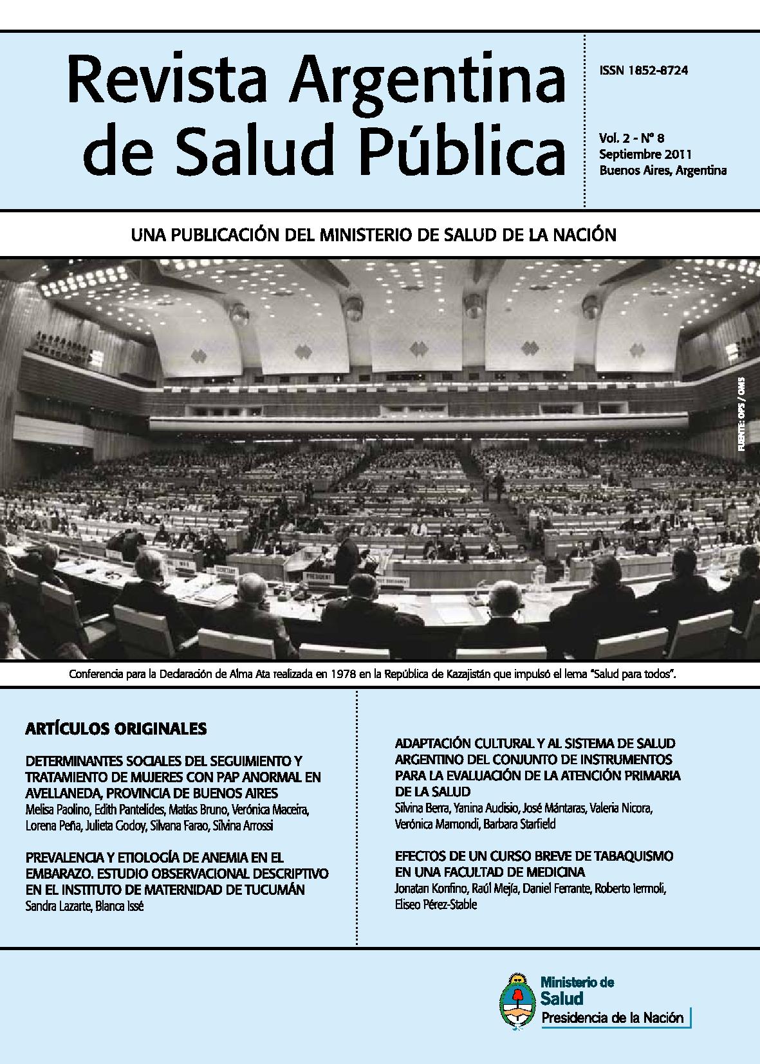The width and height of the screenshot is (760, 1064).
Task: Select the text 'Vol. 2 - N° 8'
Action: pos(631,138)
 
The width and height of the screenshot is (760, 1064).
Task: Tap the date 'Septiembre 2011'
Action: pos(644,154)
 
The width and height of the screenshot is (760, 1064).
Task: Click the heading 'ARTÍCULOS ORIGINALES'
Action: pos(116,729)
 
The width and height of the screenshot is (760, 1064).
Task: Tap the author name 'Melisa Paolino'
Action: pos(55,809)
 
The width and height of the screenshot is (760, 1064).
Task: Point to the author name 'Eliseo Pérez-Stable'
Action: pos(436,904)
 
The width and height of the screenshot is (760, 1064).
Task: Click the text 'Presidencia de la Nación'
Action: pos(612,1018)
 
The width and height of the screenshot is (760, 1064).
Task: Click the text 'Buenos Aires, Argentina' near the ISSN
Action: pos(662,170)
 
